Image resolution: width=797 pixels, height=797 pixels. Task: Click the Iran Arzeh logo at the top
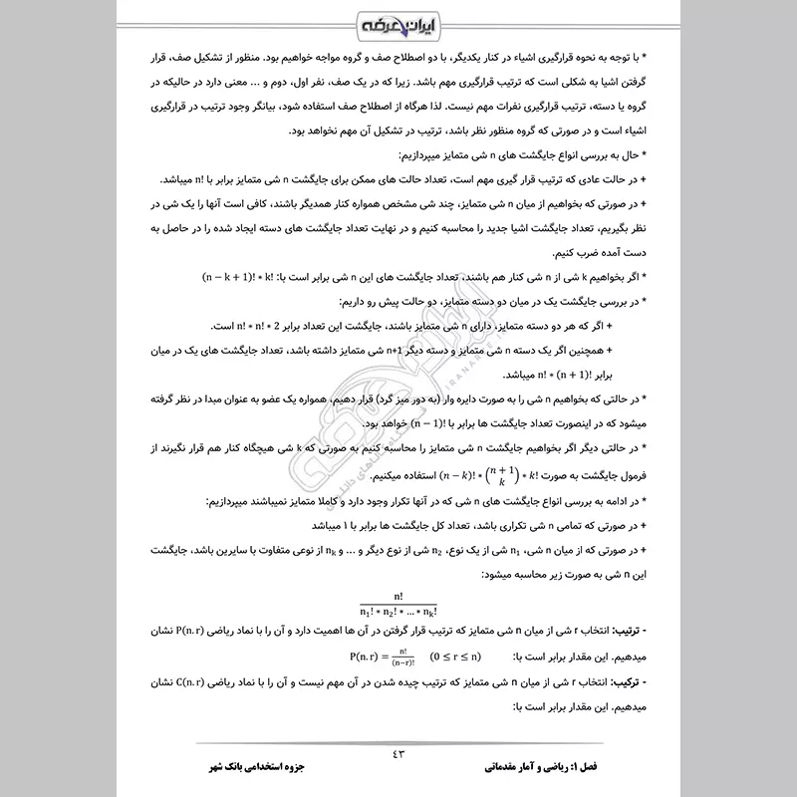(x=398, y=23)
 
